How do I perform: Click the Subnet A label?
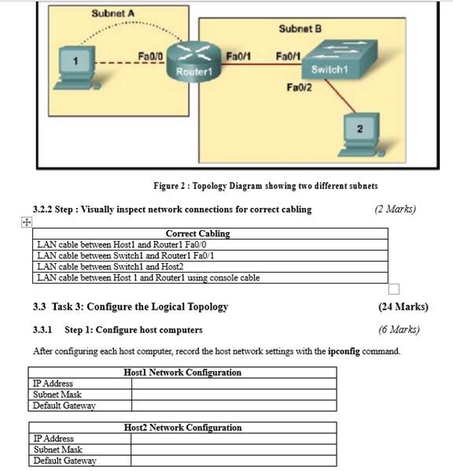point(112,13)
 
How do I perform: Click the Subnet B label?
point(300,29)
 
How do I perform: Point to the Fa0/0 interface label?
point(149,57)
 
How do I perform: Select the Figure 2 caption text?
point(265,186)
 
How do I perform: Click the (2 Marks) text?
point(395,209)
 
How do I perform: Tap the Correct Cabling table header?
point(197,233)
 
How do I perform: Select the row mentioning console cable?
point(149,277)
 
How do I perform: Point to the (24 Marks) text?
point(403,306)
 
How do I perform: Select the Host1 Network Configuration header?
point(182,373)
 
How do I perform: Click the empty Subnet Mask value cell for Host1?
point(233,395)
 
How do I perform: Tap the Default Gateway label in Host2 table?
point(64,461)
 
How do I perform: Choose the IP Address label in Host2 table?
point(53,439)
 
